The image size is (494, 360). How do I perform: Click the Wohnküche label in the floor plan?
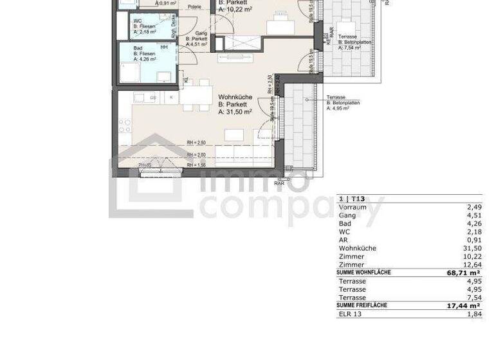[235, 97]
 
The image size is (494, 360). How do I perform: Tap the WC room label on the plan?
[138, 21]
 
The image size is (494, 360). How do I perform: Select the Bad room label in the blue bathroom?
[138, 48]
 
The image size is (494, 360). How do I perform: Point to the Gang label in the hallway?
[192, 32]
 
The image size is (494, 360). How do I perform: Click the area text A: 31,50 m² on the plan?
[235, 112]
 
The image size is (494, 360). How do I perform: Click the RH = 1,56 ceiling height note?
[196, 166]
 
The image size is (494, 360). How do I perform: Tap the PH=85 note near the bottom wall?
[145, 166]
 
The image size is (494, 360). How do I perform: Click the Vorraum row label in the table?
[352, 208]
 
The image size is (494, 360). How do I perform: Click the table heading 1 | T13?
[352, 199]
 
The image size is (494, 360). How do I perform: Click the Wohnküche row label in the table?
[357, 248]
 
